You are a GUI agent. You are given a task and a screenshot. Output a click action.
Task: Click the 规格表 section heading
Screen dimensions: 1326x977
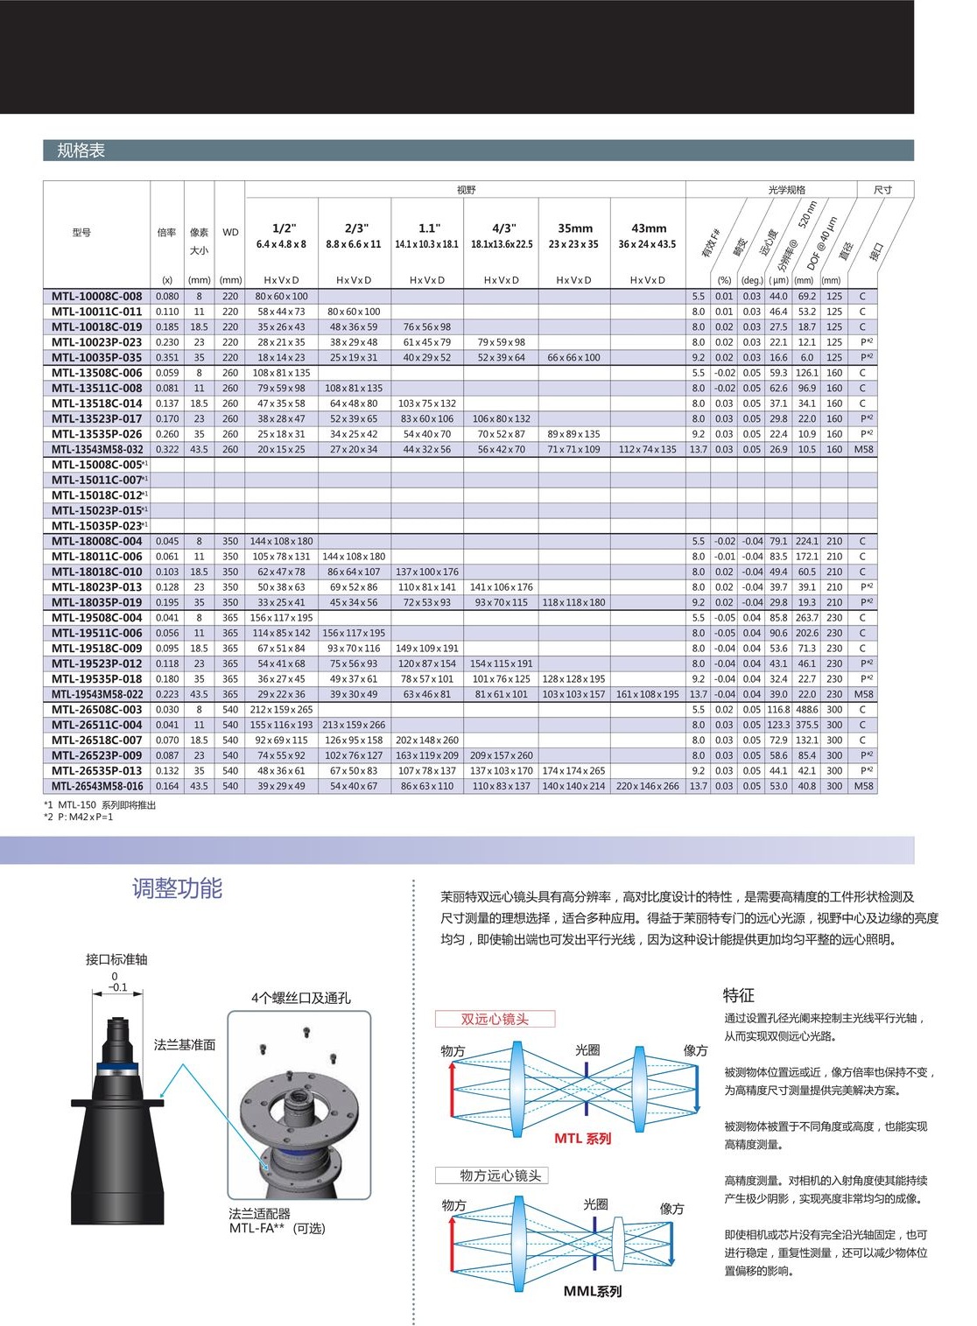pos(81,151)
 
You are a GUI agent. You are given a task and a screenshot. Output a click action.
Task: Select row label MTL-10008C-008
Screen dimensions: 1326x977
pos(96,297)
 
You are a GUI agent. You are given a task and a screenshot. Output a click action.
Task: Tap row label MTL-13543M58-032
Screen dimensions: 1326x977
pos(97,450)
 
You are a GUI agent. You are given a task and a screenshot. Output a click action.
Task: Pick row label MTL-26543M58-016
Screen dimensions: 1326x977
pos(97,787)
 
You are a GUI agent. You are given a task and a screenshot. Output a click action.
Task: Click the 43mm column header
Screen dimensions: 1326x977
pos(648,229)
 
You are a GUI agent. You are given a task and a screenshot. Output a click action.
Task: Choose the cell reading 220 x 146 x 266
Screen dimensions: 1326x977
pos(647,787)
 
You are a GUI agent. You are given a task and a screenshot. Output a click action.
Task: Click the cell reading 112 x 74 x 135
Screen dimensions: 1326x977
pos(647,450)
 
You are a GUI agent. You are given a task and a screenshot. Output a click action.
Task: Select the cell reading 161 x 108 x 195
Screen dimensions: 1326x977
pos(647,695)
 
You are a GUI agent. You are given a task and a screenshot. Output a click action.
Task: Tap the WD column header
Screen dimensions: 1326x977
pos(230,233)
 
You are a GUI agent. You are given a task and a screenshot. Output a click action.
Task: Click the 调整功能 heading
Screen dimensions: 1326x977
pos(177,888)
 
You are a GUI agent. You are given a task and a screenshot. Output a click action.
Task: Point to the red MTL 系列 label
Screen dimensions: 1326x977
pos(582,1139)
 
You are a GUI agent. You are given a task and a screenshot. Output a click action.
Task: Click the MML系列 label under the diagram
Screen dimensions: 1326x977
pos(593,1291)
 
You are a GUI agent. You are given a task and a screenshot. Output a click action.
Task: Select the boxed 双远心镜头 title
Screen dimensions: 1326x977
pos(495,1019)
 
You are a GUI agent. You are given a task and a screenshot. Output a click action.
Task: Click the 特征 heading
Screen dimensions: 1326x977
pos(738,995)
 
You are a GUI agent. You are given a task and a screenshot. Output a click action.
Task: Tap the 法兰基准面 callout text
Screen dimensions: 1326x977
pos(184,1045)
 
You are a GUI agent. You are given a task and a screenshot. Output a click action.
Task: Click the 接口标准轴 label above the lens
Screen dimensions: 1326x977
pos(116,959)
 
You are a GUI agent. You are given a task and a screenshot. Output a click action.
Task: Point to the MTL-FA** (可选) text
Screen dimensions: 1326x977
pos(277,1229)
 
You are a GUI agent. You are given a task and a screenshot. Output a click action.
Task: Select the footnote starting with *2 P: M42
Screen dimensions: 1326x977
pos(79,817)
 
